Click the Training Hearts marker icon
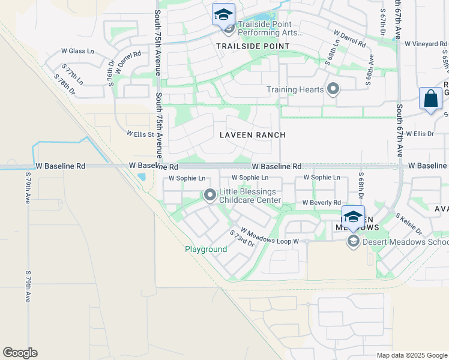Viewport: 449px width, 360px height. point(334,90)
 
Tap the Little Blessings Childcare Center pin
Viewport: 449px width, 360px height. point(210,195)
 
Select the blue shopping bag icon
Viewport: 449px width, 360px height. point(430,99)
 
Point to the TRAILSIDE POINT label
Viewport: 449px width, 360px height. point(252,46)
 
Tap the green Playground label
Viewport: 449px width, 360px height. point(206,249)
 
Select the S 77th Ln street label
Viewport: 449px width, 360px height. point(74,76)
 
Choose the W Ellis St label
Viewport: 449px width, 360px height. point(140,134)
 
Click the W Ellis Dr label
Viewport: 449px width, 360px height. point(420,133)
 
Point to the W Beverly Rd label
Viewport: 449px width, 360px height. point(321,203)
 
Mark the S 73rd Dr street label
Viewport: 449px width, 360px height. point(243,238)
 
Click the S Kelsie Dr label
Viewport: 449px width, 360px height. point(409,224)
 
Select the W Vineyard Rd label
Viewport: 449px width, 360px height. point(426,44)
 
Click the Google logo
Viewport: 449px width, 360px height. point(20,353)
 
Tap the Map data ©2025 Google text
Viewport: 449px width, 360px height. point(411,355)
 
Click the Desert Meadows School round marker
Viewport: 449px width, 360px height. point(353,242)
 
